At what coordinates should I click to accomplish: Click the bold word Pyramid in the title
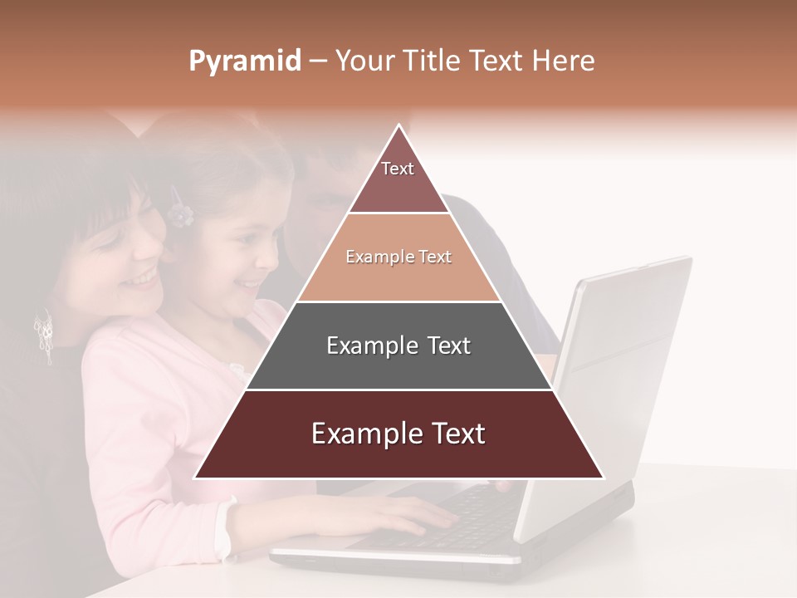pyautogui.click(x=244, y=61)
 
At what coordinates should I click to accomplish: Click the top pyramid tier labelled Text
pyautogui.click(x=398, y=179)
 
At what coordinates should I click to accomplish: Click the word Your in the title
pyautogui.click(x=362, y=61)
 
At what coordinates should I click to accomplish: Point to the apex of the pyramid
pyautogui.click(x=398, y=127)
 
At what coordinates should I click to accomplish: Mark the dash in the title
pyautogui.click(x=317, y=61)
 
